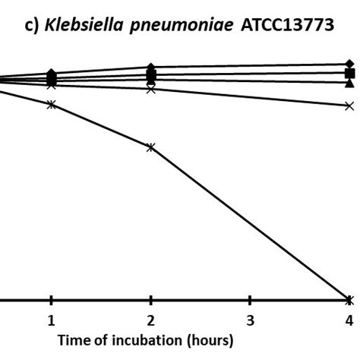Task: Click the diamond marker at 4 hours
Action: coord(349,63)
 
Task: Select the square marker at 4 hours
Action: coord(349,73)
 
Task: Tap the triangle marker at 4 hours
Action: coord(349,83)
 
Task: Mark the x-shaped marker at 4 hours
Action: coord(349,106)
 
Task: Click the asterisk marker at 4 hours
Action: coord(349,299)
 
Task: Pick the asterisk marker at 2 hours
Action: coord(150,147)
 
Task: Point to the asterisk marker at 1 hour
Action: coord(51,104)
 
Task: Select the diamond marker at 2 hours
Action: coord(150,68)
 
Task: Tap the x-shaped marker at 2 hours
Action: coord(150,89)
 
